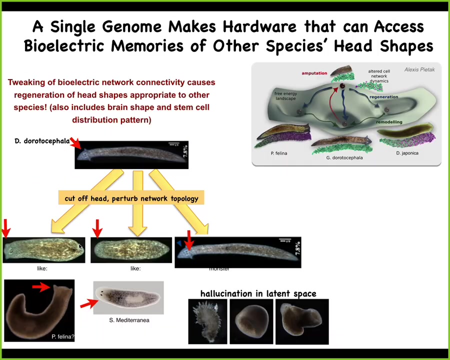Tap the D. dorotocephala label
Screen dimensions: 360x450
pos(42,141)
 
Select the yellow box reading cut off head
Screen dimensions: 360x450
pos(131,198)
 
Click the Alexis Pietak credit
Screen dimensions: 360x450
pos(419,70)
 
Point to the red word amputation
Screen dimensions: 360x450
pos(314,73)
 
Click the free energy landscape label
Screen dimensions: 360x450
pos(285,96)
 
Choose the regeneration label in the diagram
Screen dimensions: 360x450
pos(383,97)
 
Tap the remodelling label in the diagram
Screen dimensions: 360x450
pos(389,122)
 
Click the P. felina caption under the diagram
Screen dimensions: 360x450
pos(279,153)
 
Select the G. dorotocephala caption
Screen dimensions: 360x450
pos(344,157)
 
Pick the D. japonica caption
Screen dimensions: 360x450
pos(407,153)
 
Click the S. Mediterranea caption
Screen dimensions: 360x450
pos(129,320)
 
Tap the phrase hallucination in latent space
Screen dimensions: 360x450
pos(258,293)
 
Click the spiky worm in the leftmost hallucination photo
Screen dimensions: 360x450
pos(207,321)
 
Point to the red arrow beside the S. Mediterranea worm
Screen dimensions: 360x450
pos(89,302)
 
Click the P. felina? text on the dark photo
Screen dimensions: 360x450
pos(62,336)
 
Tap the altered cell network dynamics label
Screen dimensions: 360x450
pos(378,76)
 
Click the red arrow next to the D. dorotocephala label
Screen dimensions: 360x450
pos(75,144)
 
